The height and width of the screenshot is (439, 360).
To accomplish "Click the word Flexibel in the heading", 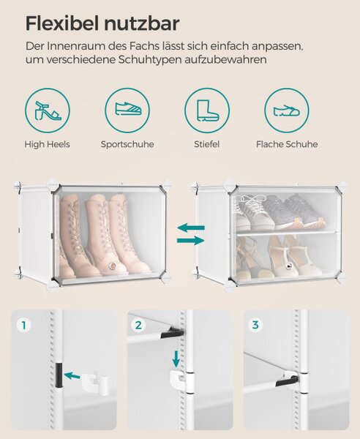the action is click(62, 23).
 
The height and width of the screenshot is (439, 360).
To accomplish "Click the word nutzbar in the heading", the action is click(142, 23).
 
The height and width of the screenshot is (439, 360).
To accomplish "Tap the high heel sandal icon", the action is click(48, 110).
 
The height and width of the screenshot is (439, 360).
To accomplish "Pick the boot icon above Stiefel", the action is click(207, 110).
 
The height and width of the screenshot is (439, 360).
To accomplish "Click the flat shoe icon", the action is click(287, 110).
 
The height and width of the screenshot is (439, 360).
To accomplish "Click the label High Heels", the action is click(47, 144).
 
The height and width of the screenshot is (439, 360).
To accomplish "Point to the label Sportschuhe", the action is click(127, 144).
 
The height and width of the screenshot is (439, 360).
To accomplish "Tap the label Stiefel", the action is click(207, 144).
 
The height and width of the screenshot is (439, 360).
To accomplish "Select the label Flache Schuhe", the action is click(287, 144).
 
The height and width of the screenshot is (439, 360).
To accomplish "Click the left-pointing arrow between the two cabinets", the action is click(191, 228).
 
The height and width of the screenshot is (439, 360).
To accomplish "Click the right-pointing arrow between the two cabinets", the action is click(191, 240).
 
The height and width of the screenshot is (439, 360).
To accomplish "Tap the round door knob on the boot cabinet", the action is click(113, 266).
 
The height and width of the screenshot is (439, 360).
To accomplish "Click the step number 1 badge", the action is click(24, 326).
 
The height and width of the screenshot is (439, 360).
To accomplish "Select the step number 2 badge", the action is click(138, 326).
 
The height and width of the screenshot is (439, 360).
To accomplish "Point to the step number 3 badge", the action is click(255, 326).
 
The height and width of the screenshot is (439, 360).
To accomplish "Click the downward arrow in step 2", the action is click(176, 359).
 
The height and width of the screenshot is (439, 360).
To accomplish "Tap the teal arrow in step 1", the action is click(72, 375).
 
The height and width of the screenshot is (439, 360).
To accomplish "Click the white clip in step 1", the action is click(96, 383).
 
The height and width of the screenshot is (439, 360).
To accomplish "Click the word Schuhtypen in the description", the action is click(150, 60).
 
